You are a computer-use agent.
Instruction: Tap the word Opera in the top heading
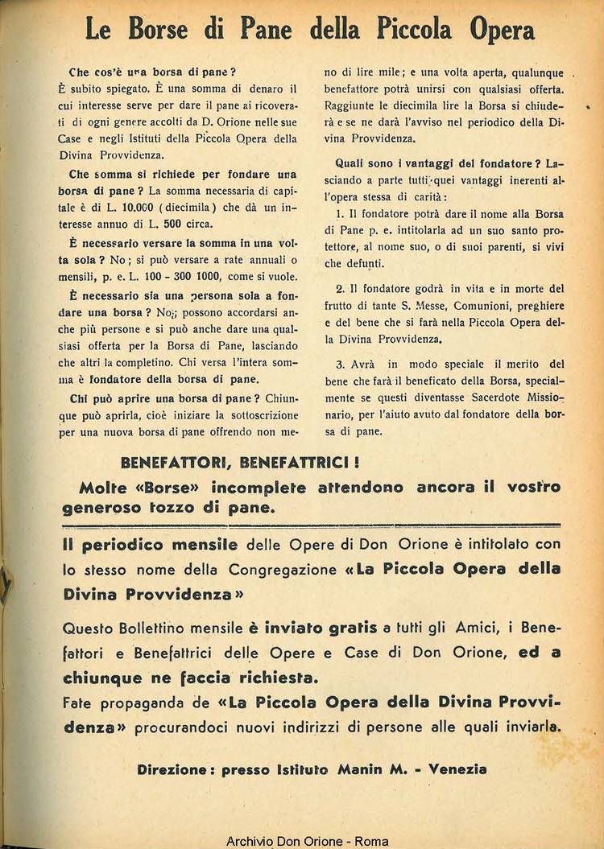coord(497,31)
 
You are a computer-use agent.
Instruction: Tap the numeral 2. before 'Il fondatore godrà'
coord(341,289)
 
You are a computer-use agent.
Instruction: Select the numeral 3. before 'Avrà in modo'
coord(341,364)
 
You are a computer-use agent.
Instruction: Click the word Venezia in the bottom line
coord(457,769)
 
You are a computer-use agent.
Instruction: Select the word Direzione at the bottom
coord(176,769)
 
